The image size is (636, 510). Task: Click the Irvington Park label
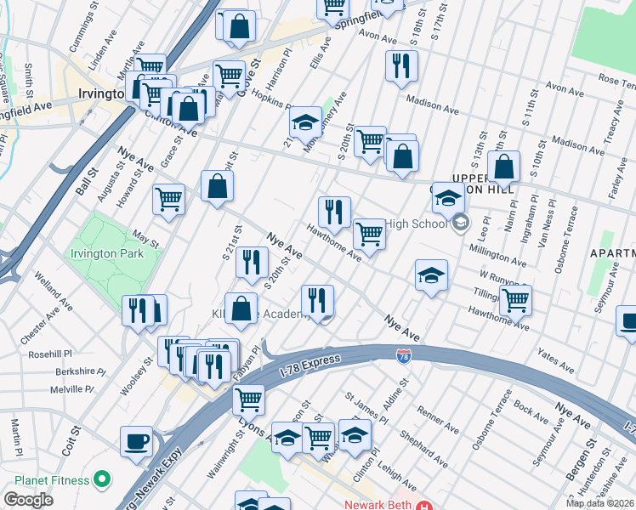[118, 253]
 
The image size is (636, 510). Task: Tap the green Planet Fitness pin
[102, 480]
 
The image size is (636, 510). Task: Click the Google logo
[28, 500]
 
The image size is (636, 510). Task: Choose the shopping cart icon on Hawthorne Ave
[368, 232]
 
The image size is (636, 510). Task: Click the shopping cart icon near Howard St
[169, 200]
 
